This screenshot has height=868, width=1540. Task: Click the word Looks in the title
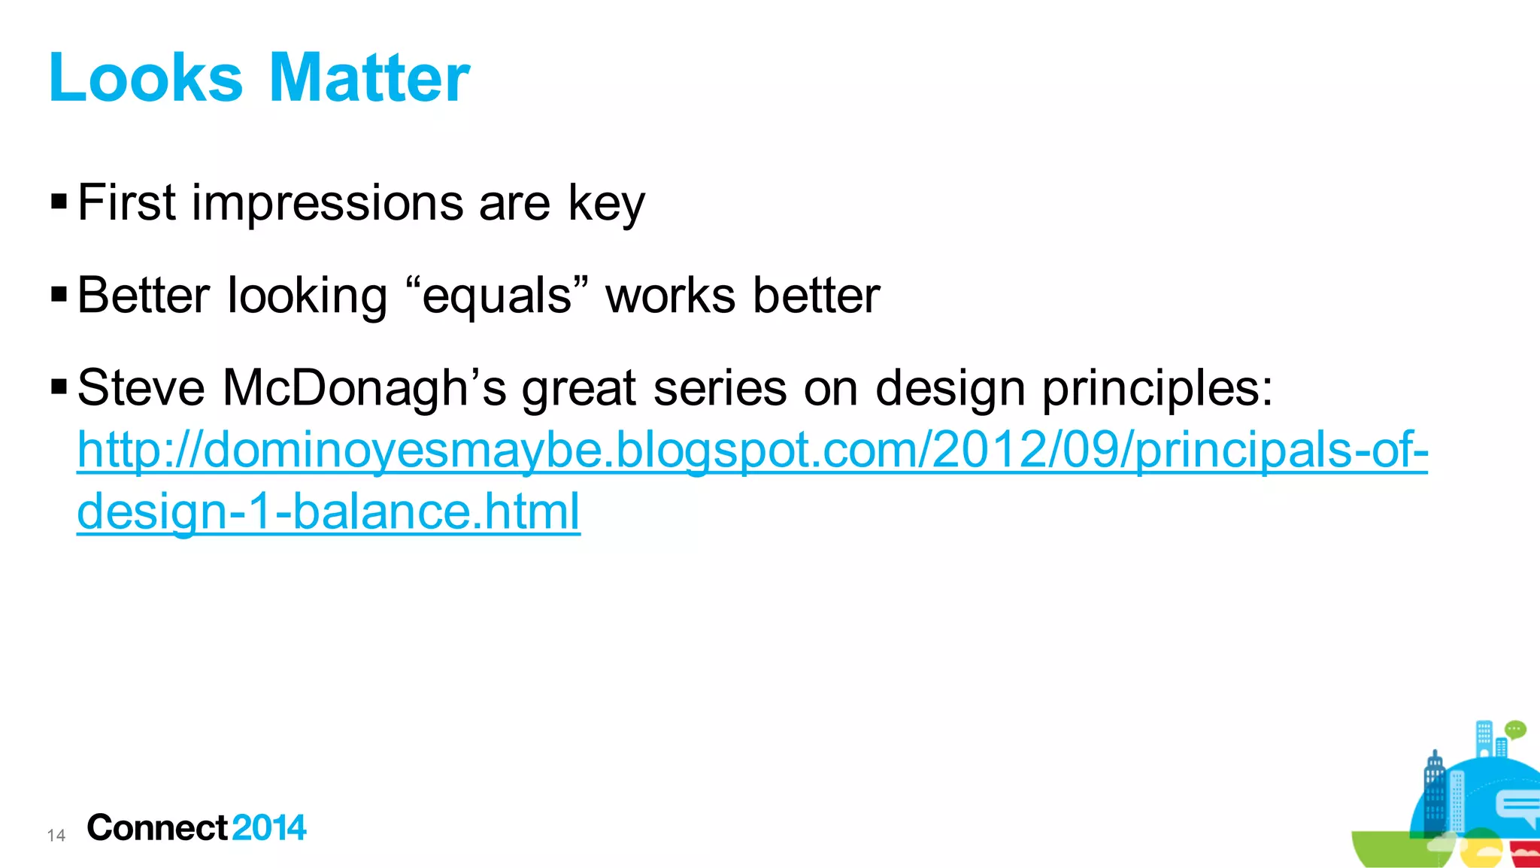146,78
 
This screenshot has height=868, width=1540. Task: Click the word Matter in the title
368,78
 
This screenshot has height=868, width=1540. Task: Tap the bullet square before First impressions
59,202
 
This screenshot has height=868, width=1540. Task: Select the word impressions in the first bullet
327,204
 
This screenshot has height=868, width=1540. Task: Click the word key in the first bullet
606,204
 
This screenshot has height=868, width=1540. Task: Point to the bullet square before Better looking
59,294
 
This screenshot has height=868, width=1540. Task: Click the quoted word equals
497,296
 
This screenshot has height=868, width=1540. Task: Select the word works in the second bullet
670,296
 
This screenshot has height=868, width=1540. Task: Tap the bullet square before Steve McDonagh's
59,387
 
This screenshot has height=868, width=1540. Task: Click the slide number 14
56,835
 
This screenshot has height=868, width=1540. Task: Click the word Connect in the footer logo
157,827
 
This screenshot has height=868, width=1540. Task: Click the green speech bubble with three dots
1515,729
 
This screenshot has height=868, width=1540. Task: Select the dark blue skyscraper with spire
1435,797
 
